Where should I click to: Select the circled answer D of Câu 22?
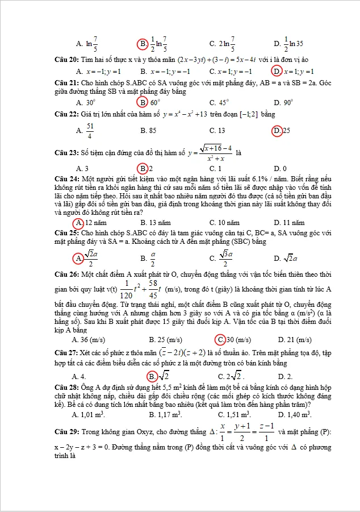point(277,131)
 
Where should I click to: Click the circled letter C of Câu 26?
point(220,340)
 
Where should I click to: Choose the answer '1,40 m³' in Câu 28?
point(296,415)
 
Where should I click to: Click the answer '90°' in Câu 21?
point(287,103)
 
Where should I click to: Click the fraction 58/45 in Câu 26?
point(153,289)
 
